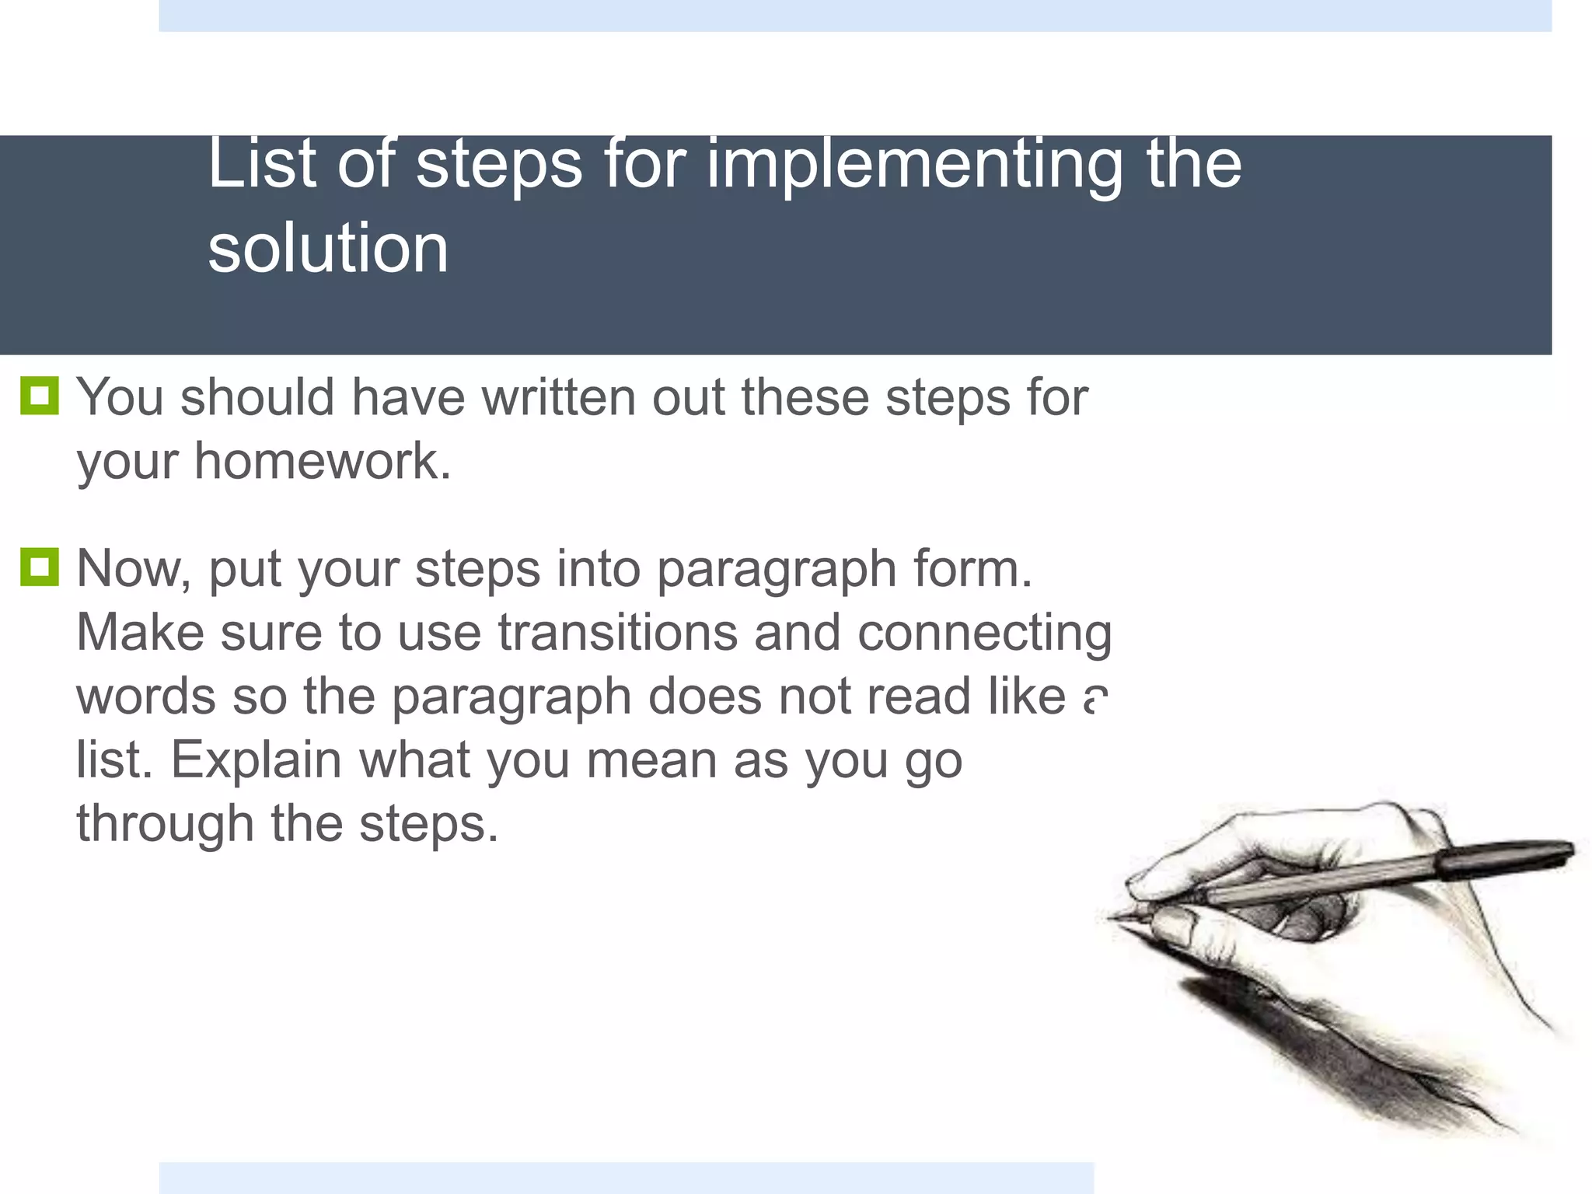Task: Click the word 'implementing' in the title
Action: pyautogui.click(x=914, y=165)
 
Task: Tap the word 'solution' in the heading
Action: pyautogui.click(x=328, y=249)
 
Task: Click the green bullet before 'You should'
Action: pyautogui.click(x=39, y=396)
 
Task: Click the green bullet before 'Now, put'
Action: pyautogui.click(x=39, y=567)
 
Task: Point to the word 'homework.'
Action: pyautogui.click(x=323, y=461)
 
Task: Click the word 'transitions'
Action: pyautogui.click(x=617, y=632)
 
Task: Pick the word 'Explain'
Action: pyautogui.click(x=256, y=759)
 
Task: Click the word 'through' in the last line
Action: pyautogui.click(x=165, y=824)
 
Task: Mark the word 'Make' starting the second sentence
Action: pyautogui.click(x=140, y=632)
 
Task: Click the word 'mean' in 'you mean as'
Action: pyautogui.click(x=651, y=759)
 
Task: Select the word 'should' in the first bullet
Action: pyautogui.click(x=257, y=397)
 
